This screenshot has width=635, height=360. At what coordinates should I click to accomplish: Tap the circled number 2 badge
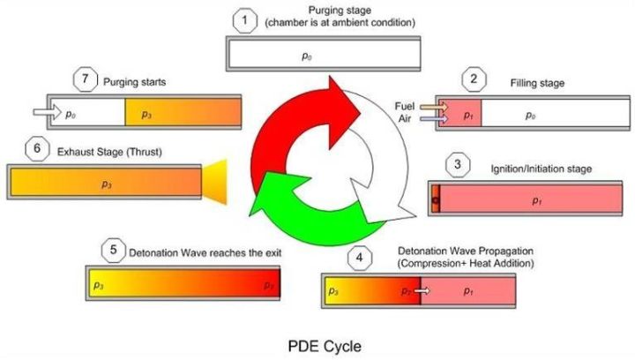click(x=474, y=80)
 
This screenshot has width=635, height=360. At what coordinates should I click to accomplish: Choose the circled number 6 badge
click(x=37, y=150)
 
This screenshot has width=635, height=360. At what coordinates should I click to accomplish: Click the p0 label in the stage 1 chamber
click(x=308, y=55)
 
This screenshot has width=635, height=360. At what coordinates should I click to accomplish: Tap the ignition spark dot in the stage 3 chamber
click(x=434, y=201)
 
